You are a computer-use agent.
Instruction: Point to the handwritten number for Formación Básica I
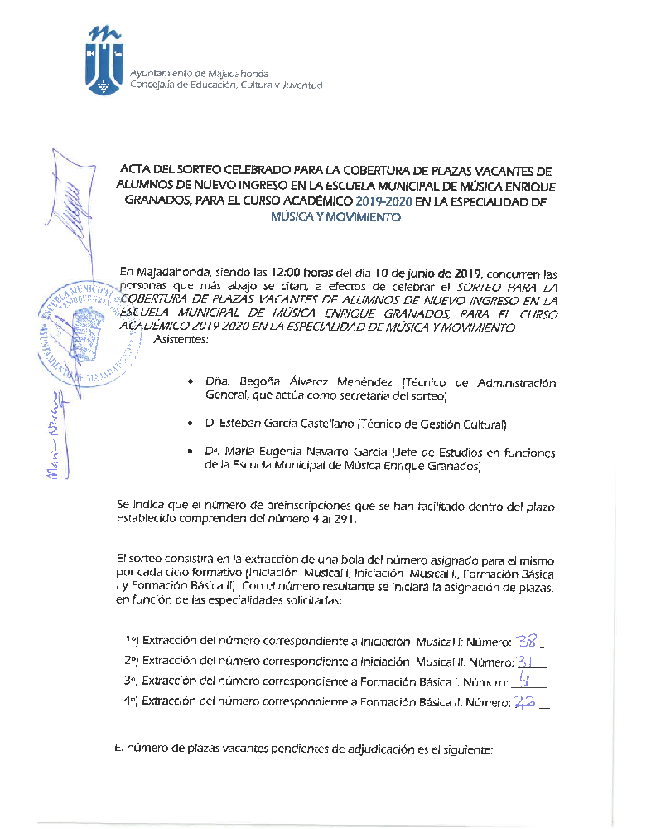pyautogui.click(x=523, y=681)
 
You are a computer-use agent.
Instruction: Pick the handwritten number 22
pyautogui.click(x=524, y=702)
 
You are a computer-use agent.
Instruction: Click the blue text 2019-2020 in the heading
pyautogui.click(x=383, y=201)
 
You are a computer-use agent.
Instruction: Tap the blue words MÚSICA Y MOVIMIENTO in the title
pyautogui.click(x=336, y=217)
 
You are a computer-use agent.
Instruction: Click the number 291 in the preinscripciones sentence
pyautogui.click(x=369, y=520)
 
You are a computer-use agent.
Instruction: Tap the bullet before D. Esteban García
pyautogui.click(x=191, y=424)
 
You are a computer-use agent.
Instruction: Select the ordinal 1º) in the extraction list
pyautogui.click(x=132, y=641)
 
